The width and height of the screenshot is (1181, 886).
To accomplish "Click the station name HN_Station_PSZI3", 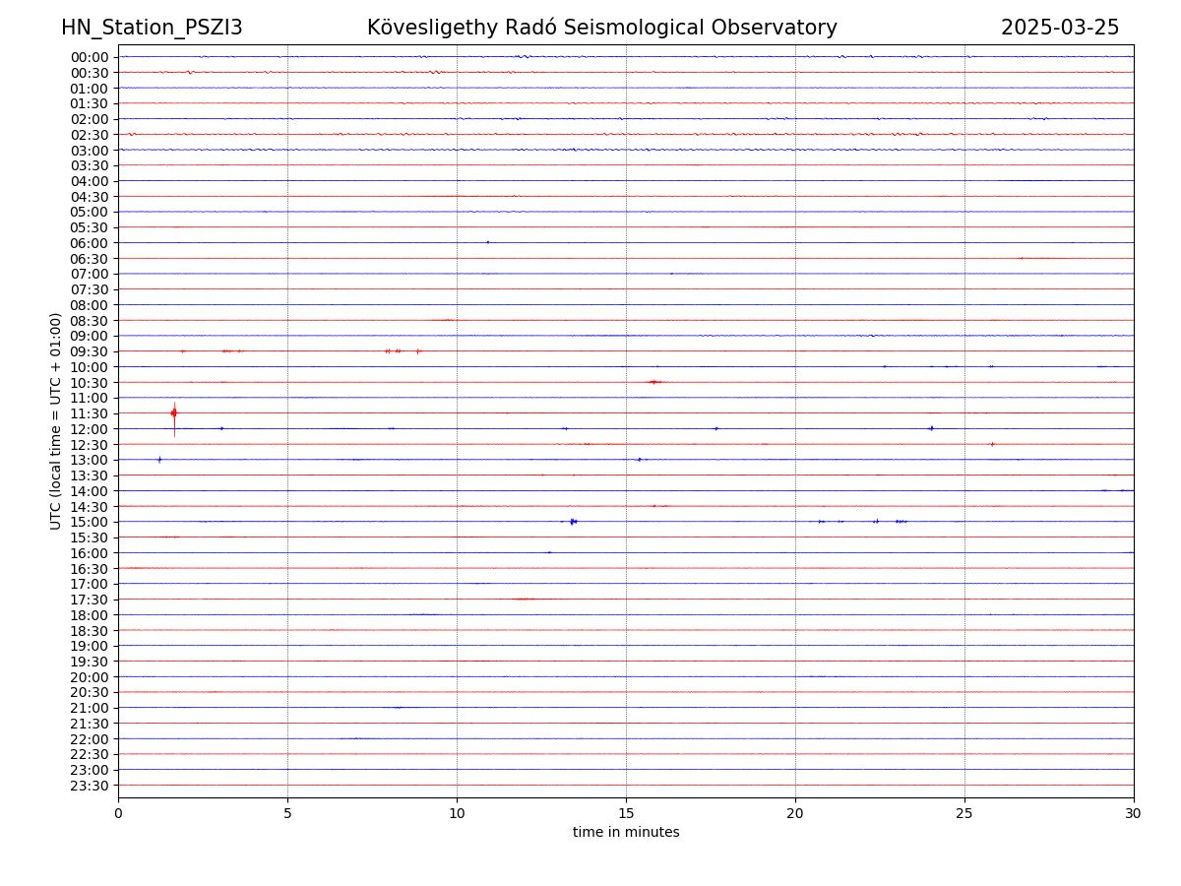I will [152, 28].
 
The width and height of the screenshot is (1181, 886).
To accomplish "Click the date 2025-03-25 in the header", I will [1060, 28].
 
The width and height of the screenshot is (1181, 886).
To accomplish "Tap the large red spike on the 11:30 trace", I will [174, 413].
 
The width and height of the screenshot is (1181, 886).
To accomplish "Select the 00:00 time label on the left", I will [90, 57].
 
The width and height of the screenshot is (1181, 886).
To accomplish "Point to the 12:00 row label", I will [90, 429].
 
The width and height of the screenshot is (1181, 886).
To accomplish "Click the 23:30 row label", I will [90, 786].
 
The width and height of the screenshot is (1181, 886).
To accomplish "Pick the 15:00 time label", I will [90, 522].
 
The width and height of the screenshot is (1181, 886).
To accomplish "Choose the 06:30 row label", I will [90, 259].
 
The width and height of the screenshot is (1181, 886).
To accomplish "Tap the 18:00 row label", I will [90, 615].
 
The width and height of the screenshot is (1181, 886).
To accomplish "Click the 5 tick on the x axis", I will [287, 813].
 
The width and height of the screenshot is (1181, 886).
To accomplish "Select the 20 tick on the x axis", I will [795, 813].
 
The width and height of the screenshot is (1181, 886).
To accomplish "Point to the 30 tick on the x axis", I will [1134, 813].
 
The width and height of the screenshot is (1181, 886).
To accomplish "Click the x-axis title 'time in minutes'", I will [626, 832].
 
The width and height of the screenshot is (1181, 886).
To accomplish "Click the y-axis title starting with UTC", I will [56, 420].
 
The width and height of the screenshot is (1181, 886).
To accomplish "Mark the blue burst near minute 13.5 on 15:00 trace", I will [573, 522].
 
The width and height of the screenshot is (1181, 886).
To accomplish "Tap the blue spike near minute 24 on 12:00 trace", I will [931, 428].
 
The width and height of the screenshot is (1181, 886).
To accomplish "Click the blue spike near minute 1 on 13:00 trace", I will [159, 460].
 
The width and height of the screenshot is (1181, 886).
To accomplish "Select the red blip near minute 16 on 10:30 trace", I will [653, 382].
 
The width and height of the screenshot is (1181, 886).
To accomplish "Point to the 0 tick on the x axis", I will [118, 813].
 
